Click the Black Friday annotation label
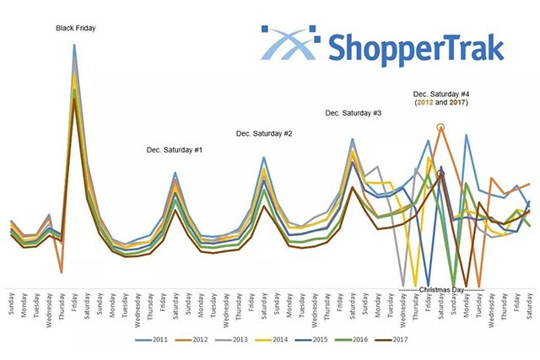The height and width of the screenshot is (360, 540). click(x=76, y=28)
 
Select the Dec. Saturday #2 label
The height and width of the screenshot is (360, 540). click(x=264, y=133)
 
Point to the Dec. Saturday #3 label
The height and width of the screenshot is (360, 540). click(x=353, y=112)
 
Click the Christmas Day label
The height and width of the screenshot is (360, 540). click(x=441, y=289)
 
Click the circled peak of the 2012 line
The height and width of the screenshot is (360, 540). click(x=440, y=127)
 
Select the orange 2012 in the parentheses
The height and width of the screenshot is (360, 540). click(x=424, y=102)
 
